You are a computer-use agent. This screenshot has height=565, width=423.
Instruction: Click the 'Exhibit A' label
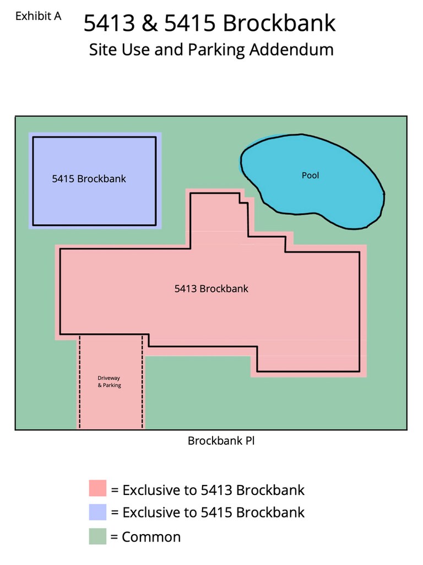38,16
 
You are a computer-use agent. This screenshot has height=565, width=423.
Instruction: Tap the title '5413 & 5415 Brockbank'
209,24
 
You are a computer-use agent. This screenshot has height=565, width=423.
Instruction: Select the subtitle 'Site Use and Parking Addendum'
211,50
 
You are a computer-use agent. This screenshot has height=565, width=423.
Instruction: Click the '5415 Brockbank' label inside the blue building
89,179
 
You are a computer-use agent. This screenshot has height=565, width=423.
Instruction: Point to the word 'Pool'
310,175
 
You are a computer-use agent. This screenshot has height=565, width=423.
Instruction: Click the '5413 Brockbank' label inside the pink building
211,289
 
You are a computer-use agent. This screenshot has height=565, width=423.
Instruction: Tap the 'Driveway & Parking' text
109,381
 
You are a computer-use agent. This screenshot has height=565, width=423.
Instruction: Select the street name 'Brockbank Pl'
221,441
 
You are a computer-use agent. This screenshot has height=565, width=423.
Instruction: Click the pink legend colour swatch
97,489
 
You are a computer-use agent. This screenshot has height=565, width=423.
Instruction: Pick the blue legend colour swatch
97,512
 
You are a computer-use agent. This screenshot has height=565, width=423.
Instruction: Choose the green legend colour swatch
97,536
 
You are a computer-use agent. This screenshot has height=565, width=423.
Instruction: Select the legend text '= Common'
145,537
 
